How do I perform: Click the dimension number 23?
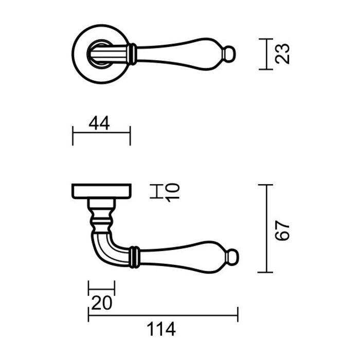click(x=282, y=53)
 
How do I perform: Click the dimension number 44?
click(x=100, y=123)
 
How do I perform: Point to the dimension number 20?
click(x=101, y=303)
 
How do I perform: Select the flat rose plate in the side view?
click(x=101, y=190)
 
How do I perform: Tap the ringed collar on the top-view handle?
click(x=133, y=53)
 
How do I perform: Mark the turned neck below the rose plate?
click(x=101, y=216)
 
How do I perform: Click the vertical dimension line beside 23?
click(x=265, y=53)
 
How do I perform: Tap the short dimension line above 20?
click(x=101, y=287)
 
